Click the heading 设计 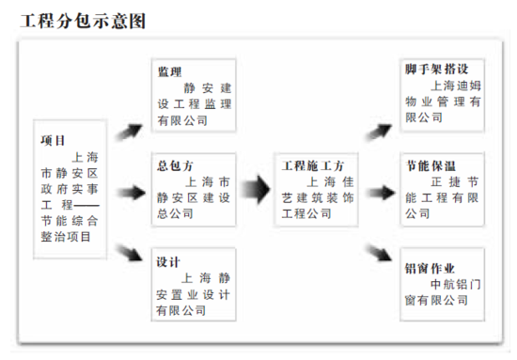[169, 260]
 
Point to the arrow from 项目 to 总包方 [132, 193]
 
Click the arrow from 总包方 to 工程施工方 [256, 192]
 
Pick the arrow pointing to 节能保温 [381, 192]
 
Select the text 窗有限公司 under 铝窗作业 [436, 300]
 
